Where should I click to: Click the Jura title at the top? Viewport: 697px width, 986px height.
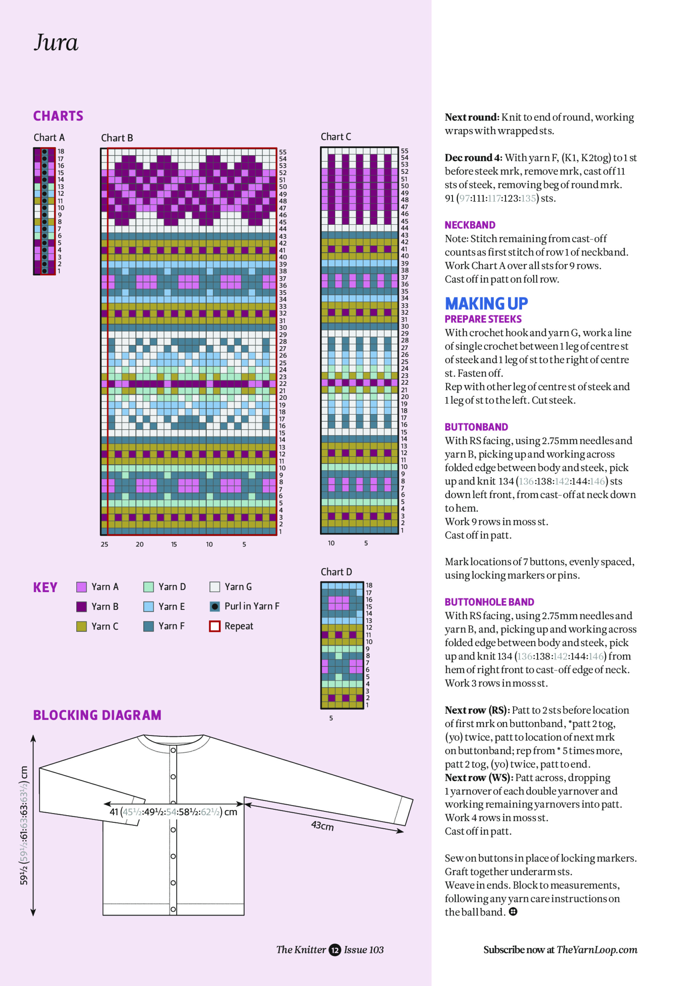56,43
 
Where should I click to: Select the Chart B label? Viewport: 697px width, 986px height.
117,138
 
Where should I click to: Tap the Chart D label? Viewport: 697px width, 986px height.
336,572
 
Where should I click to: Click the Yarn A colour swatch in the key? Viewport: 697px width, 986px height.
81,587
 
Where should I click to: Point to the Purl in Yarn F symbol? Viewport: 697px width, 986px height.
215,606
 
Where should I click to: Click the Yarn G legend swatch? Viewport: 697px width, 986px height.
215,587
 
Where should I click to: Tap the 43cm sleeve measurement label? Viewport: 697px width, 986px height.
322,825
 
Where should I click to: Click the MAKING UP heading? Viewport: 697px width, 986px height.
486,304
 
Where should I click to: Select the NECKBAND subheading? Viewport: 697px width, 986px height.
470,225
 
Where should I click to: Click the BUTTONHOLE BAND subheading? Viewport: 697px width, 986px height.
489,602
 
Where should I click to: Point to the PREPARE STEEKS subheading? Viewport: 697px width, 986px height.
483,319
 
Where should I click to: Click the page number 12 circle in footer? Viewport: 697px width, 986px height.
335,950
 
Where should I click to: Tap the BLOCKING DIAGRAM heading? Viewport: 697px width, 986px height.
97,715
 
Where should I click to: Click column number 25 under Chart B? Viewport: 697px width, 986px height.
104,544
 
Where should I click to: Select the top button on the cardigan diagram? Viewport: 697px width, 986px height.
173,750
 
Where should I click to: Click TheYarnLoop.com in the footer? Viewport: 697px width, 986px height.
597,950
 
